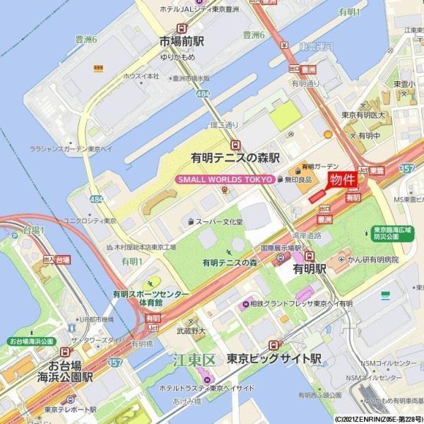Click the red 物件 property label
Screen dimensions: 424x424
343,179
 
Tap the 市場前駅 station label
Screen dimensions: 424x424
182,41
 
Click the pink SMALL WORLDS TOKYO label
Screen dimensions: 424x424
224,179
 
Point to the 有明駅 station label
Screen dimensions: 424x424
310,269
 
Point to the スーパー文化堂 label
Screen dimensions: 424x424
219,222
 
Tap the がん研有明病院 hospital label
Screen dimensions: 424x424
371,260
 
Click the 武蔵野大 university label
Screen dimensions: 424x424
190,330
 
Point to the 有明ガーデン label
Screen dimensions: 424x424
315,167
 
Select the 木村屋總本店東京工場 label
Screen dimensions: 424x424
146,247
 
